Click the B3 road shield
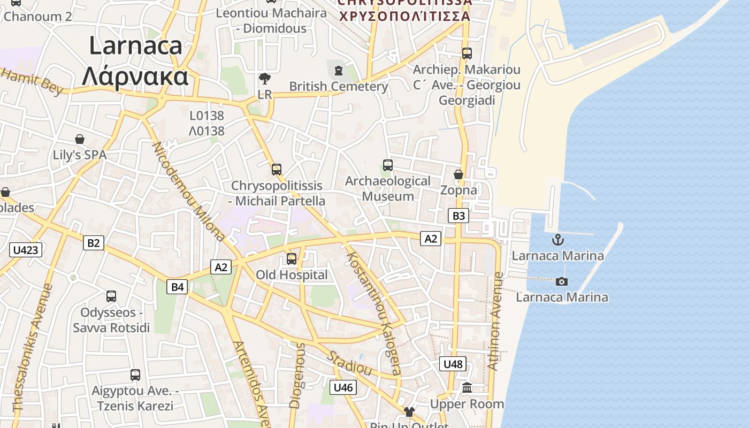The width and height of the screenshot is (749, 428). [x=458, y=216]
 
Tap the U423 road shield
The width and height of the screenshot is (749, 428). [x=26, y=249]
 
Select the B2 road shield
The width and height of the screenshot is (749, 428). [x=94, y=243]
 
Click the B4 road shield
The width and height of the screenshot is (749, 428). [x=177, y=287]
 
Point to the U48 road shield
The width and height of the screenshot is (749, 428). [x=453, y=364]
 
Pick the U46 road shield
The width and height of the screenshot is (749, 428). [x=343, y=387]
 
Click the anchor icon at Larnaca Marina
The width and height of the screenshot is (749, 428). [x=558, y=239]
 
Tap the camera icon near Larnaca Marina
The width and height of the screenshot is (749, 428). [x=561, y=281]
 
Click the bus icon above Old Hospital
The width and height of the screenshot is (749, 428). [x=292, y=259]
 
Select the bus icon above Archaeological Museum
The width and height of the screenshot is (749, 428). [x=388, y=165]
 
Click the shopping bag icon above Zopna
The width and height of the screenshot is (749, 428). [x=458, y=174]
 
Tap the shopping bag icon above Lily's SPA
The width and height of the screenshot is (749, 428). [x=80, y=139]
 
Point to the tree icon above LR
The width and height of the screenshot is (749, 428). [x=264, y=79]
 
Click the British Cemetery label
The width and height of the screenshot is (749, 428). [x=338, y=86]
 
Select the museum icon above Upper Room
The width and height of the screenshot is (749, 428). [x=467, y=388]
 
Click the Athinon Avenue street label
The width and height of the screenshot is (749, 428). [x=495, y=321]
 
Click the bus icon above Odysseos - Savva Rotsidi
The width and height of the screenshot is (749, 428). [x=111, y=296]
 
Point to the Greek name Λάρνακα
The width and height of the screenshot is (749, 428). [x=135, y=77]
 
